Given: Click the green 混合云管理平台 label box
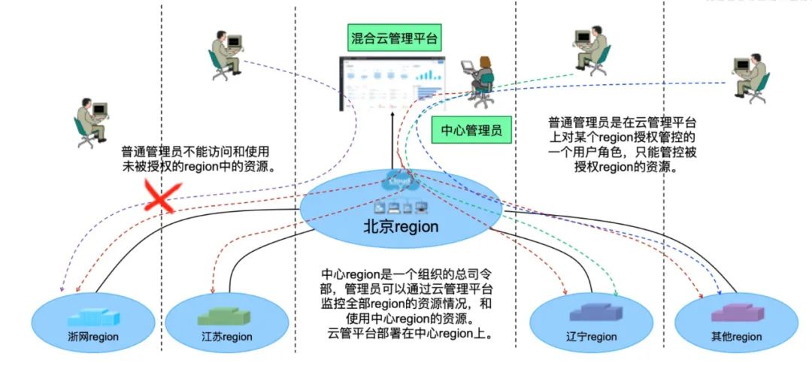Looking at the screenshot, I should pos(392,37).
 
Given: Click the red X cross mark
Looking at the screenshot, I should pos(160,197).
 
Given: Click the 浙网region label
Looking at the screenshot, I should pos(93,337).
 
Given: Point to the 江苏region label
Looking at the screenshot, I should pos(226,337).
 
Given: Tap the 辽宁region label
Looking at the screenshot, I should pos(591,337).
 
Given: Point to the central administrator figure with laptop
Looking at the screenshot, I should pos(480,80).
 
